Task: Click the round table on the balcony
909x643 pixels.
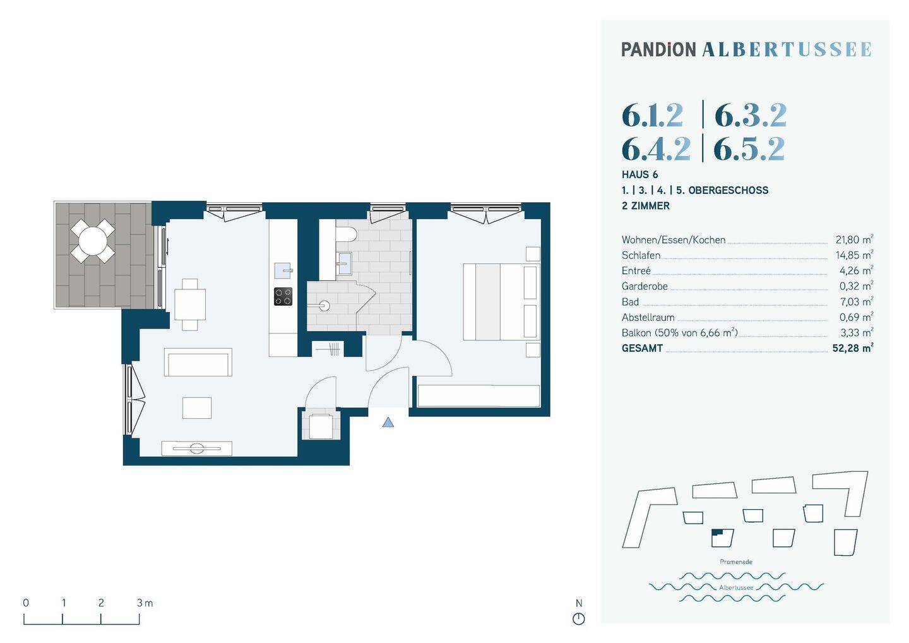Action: click(x=93, y=240)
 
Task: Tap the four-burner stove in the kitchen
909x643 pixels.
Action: click(x=283, y=296)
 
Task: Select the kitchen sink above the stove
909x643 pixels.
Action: click(x=283, y=270)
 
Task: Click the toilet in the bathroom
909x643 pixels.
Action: click(x=346, y=234)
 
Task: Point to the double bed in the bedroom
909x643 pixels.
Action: click(x=500, y=302)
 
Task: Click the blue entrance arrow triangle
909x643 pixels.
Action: click(x=388, y=423)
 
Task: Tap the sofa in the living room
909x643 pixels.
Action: click(x=198, y=363)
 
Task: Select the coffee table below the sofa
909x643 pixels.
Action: click(x=197, y=407)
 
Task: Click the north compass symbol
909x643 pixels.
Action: click(x=578, y=618)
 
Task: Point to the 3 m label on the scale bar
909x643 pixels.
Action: click(x=145, y=603)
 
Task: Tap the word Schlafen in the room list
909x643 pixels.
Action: click(x=641, y=255)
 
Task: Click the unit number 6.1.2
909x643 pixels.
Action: click(x=652, y=116)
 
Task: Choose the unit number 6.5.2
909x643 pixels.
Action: click(x=749, y=149)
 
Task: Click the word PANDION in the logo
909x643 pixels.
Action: click(x=658, y=49)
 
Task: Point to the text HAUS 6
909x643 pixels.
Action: click(x=639, y=174)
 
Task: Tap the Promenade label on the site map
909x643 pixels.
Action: click(x=735, y=562)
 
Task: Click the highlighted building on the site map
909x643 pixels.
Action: click(x=722, y=538)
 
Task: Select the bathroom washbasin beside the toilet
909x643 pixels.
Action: click(x=344, y=262)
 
